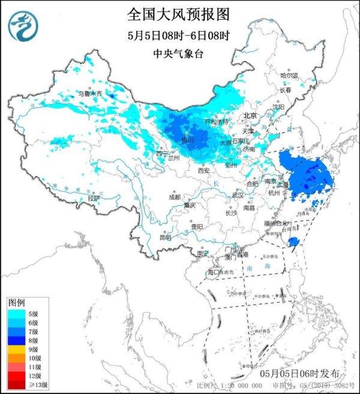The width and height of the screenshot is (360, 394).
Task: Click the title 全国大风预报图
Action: (178, 13)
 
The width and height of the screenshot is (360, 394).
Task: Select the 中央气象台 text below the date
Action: (178, 54)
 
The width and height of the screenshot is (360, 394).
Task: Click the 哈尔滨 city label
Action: (289, 76)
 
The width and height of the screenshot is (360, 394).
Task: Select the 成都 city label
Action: (174, 196)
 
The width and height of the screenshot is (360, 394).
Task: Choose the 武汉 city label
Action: (238, 195)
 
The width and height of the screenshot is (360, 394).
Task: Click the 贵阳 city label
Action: (196, 227)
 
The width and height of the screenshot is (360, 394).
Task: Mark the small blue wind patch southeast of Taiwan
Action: (293, 242)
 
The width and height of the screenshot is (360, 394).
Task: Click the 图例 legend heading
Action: (16, 302)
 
